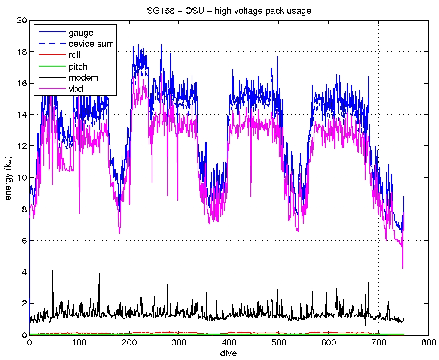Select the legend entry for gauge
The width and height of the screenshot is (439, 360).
(x=81, y=32)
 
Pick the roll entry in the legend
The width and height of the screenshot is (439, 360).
(x=74, y=55)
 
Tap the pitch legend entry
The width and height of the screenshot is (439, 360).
(x=78, y=67)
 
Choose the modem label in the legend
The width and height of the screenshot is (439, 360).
(x=83, y=78)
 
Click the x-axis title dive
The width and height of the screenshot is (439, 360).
(x=229, y=353)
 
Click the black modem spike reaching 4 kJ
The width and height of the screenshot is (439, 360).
(x=53, y=271)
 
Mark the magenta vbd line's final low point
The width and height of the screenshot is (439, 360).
(x=402, y=268)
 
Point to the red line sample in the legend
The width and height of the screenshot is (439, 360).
(x=51, y=55)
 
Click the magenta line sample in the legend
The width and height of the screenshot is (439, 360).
(x=51, y=89)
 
